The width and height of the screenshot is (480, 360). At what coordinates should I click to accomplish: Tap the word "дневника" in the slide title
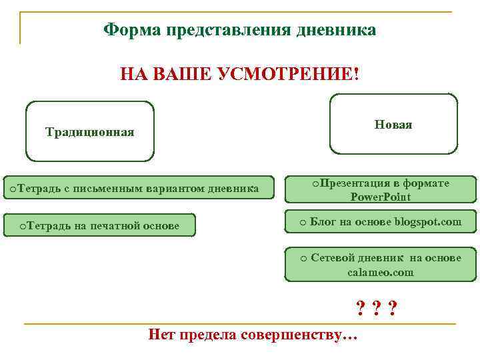pyautogui.click(x=339, y=30)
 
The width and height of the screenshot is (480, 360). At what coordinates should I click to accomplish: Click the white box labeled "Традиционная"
pyautogui.click(x=89, y=131)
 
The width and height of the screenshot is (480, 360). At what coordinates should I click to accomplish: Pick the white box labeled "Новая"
pyautogui.click(x=393, y=124)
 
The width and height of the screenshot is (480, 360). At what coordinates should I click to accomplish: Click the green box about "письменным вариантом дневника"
pyautogui.click(x=139, y=189)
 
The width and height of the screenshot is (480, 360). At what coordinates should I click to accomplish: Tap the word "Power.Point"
pyautogui.click(x=381, y=197)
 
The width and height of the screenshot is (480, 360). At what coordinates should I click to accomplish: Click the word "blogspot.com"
pyautogui.click(x=427, y=221)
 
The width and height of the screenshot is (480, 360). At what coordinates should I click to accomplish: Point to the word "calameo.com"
pyautogui.click(x=380, y=272)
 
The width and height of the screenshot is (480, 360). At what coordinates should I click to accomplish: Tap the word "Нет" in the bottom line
pyautogui.click(x=161, y=334)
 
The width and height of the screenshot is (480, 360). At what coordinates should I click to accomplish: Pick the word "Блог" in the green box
pyautogui.click(x=323, y=221)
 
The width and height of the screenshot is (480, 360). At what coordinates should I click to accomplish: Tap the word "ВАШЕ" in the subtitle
pyautogui.click(x=179, y=73)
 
